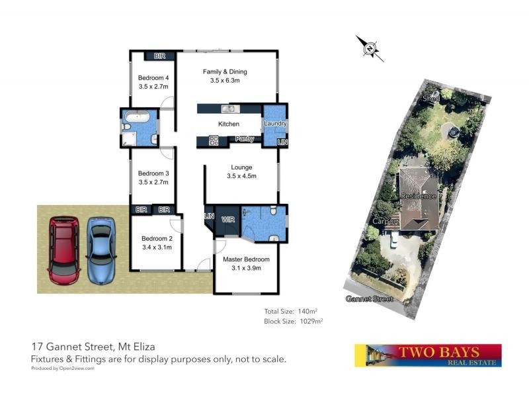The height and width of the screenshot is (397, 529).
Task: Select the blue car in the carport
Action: click(101, 249)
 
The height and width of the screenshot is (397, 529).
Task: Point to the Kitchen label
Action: click(229, 124)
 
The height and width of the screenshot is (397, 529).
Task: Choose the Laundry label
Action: click(274, 124)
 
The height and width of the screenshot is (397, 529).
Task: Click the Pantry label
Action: click(245, 139)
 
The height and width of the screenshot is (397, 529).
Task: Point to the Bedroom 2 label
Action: click(157, 243)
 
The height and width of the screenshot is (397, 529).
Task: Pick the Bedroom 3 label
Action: click(153, 177)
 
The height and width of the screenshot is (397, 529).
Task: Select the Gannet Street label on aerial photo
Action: click(369, 299)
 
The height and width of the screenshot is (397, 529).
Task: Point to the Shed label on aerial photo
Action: click(431, 99)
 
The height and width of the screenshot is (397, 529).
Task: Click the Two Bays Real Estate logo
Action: click(428, 355)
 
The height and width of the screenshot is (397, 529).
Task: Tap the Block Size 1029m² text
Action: click(293, 321)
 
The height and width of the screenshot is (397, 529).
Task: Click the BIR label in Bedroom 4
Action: click(159, 56)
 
